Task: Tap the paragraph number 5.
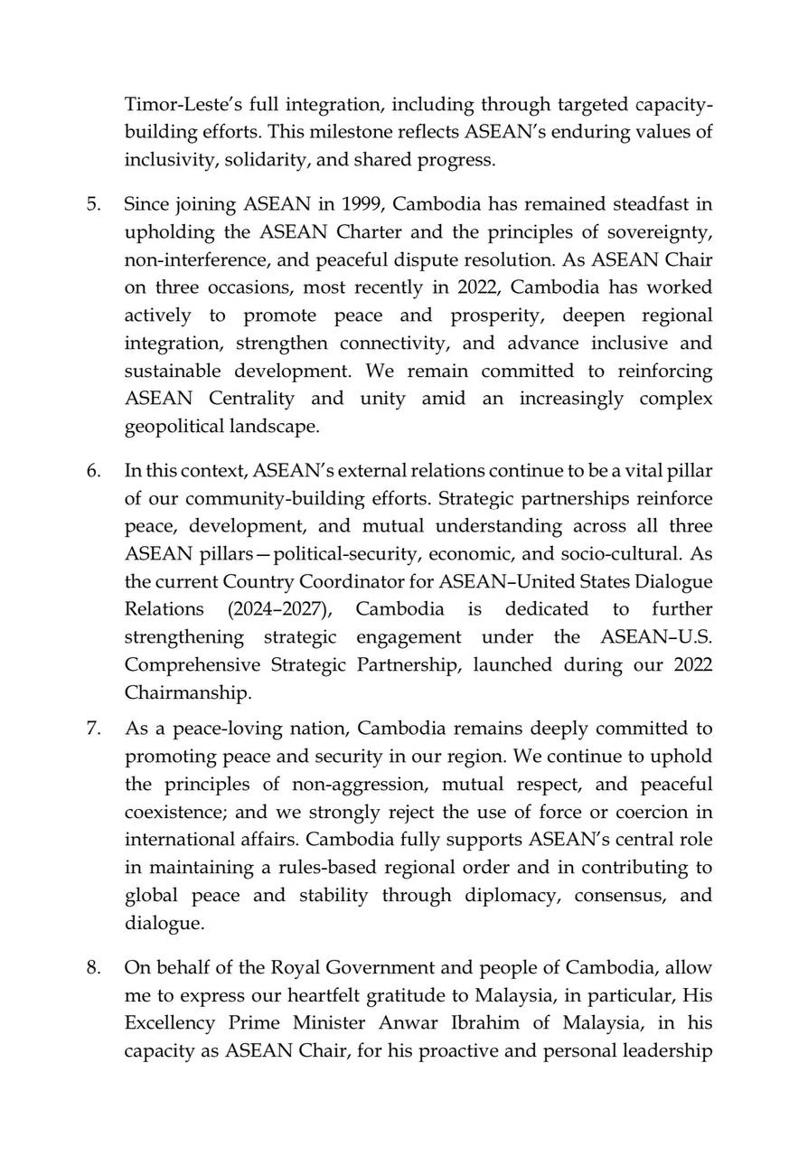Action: [x=93, y=203]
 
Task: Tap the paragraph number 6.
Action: [x=93, y=471]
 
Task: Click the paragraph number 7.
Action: [x=93, y=729]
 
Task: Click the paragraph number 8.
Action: [x=93, y=968]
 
